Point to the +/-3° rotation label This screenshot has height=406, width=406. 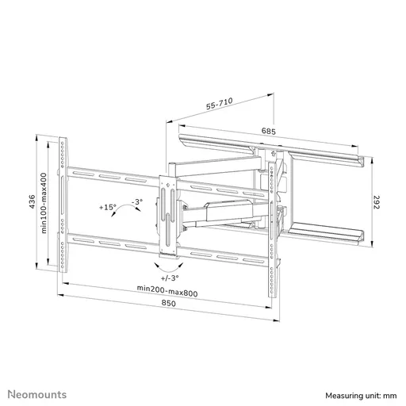168,278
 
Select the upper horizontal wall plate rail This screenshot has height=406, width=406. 270,151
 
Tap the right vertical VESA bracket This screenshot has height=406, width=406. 273,214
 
